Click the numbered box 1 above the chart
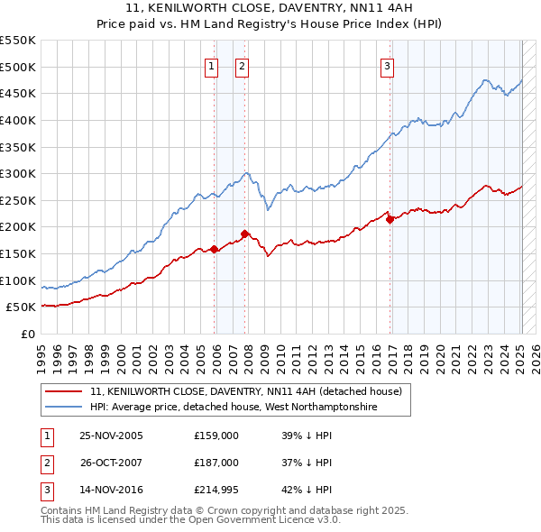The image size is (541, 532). click(211, 65)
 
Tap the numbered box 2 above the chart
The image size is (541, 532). click(243, 65)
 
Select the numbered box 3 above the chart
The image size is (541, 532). click(387, 65)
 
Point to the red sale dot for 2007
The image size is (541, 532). click(244, 234)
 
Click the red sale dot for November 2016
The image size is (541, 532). click(390, 218)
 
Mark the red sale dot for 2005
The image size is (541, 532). click(214, 249)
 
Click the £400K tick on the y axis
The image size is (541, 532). click(19, 120)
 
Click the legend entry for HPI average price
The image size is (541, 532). click(233, 408)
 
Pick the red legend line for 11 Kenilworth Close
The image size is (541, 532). click(64, 391)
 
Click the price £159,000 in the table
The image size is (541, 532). click(215, 436)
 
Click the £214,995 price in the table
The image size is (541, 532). click(216, 491)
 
